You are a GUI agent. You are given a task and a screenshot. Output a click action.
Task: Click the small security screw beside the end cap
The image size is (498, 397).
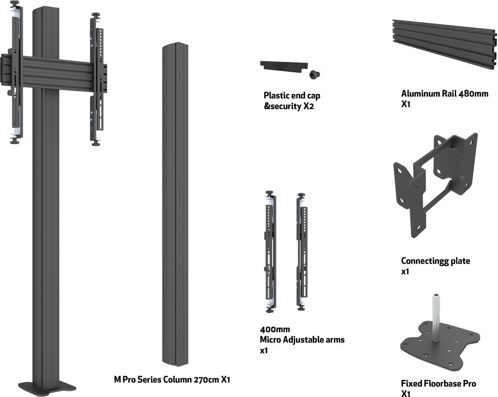(315, 74)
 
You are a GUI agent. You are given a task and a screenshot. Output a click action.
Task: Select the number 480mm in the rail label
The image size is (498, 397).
(473, 94)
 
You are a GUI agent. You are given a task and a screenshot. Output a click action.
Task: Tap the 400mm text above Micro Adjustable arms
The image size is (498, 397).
(275, 329)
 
